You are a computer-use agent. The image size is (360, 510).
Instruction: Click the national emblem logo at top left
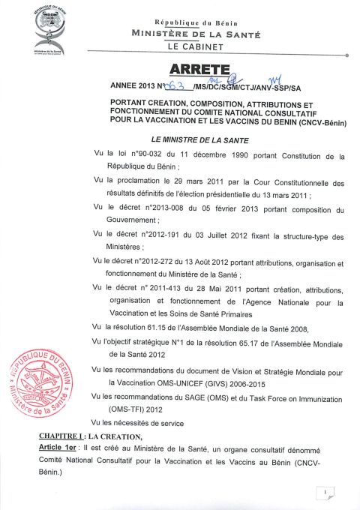(x=50, y=28)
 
